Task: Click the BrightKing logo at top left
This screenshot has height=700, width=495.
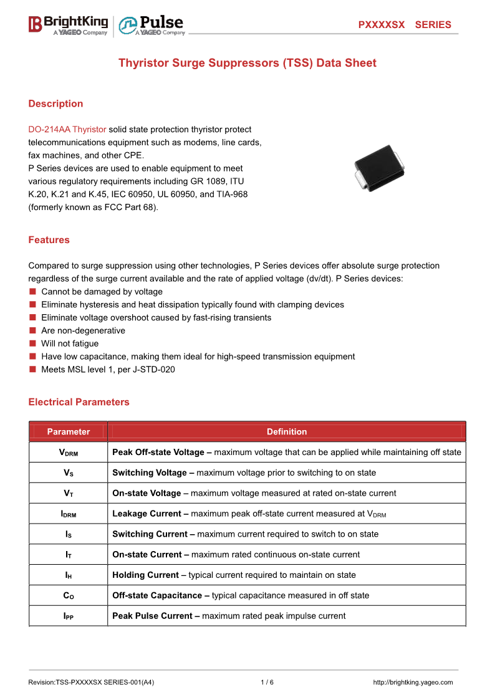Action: tap(68, 25)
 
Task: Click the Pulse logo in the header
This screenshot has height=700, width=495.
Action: tap(151, 25)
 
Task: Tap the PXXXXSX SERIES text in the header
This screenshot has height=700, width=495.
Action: tap(404, 25)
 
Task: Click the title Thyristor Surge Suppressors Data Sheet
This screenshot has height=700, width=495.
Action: tap(247, 63)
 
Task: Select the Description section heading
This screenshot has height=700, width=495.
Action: tap(55, 103)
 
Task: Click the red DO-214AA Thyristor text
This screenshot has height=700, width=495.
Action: tap(67, 130)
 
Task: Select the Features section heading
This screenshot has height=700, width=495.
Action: tap(49, 240)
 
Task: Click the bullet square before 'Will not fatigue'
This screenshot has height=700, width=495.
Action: tap(32, 343)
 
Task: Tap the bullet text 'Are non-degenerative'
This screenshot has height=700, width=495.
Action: tap(83, 330)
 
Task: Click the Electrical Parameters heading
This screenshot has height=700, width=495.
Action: tap(79, 402)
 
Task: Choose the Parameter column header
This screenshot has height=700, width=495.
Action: tap(68, 431)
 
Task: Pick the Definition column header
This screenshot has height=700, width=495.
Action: tap(287, 431)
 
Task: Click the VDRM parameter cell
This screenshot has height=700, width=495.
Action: tap(68, 453)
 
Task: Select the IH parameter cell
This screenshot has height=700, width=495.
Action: tap(68, 575)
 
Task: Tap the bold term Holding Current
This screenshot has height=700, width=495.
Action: tap(145, 575)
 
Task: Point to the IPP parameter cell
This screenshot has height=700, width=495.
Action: tap(68, 616)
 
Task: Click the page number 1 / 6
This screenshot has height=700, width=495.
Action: tap(267, 682)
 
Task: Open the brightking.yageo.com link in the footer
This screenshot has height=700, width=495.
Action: tap(413, 682)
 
